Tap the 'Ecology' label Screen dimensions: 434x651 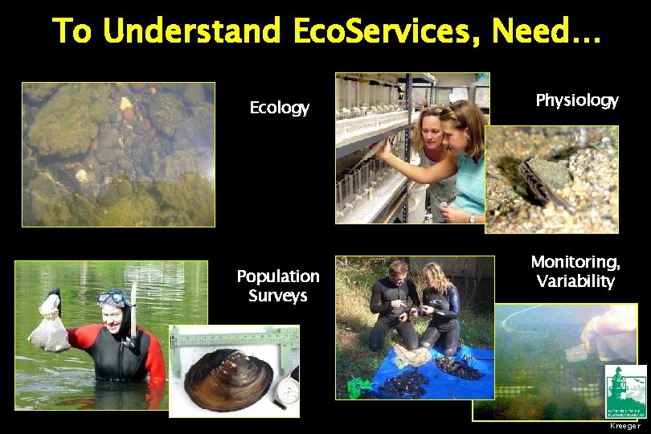coord(279,108)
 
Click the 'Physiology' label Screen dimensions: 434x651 coord(577,100)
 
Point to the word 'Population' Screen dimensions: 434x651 coord(278,276)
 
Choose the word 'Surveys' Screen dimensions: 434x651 coord(278,296)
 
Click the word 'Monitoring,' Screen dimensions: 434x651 coord(575,262)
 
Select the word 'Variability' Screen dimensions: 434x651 coord(575,281)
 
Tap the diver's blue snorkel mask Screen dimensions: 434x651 coord(112,298)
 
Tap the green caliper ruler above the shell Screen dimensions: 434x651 coord(233,338)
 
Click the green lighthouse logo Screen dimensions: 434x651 coord(625,390)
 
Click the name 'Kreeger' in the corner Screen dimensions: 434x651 coord(625,425)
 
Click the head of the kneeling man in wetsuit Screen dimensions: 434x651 coord(397,269)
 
